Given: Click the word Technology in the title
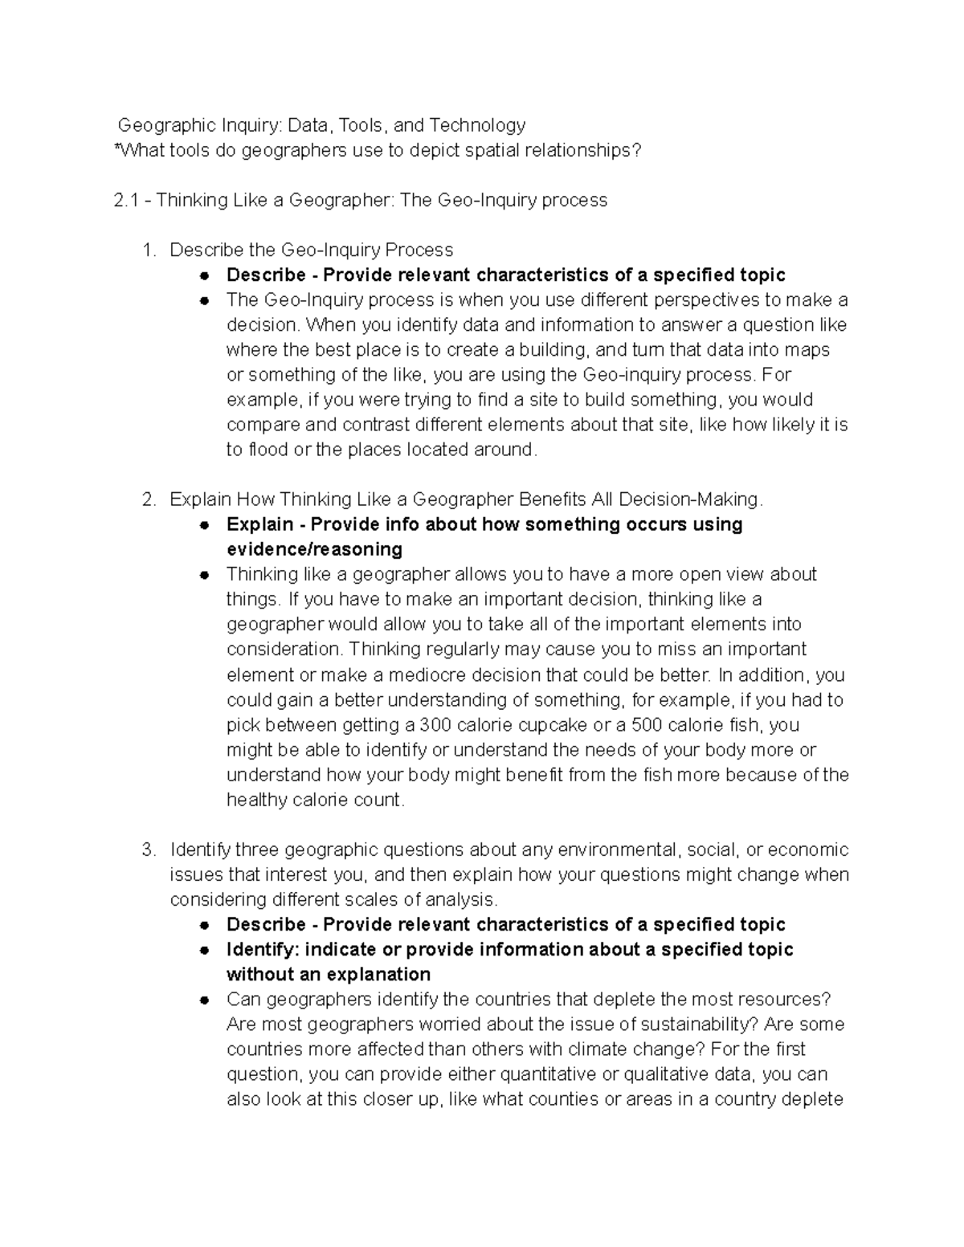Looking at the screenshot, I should click(477, 125).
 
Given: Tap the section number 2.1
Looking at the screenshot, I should click(128, 200).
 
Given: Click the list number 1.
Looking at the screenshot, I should click(147, 250).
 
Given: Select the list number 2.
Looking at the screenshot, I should click(147, 499).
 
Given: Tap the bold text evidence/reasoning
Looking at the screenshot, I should click(314, 549).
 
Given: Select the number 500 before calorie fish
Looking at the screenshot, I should click(647, 725).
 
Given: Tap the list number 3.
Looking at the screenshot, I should click(147, 850).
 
